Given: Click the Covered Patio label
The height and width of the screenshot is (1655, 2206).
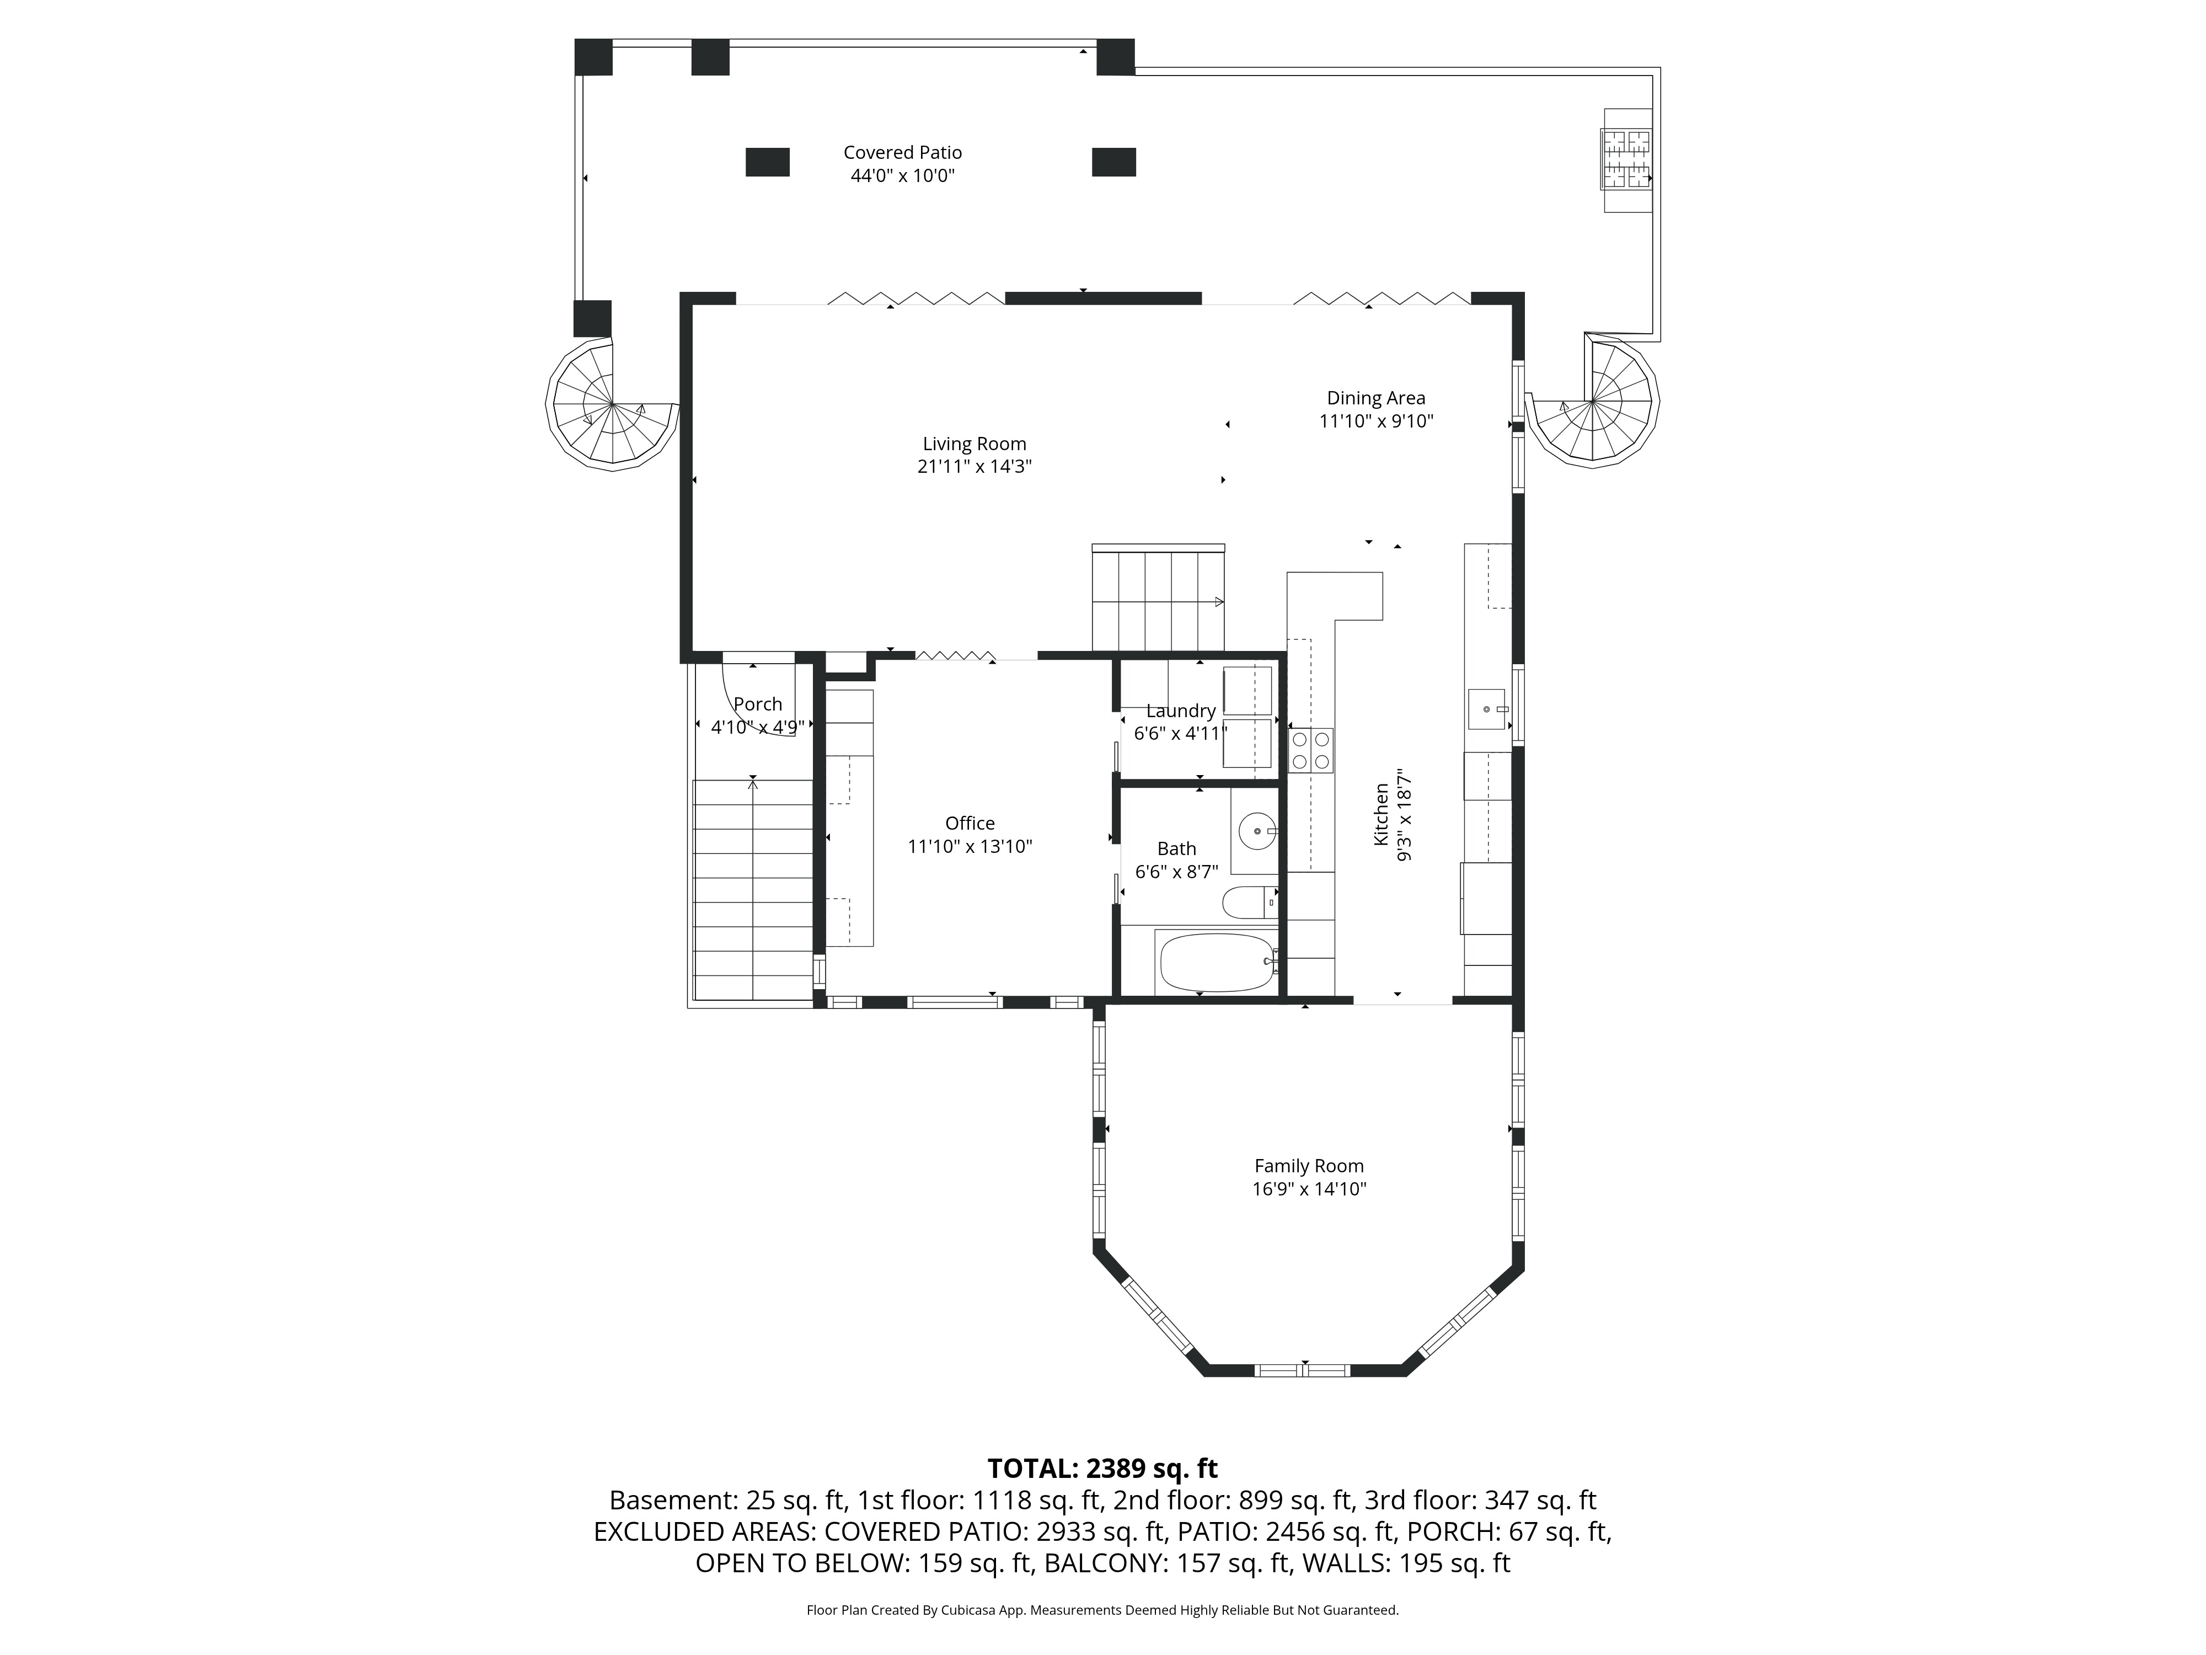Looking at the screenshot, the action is (x=903, y=153).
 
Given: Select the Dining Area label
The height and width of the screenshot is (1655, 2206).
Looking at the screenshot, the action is (x=1376, y=398).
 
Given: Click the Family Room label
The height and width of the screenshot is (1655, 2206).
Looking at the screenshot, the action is (x=1309, y=1165).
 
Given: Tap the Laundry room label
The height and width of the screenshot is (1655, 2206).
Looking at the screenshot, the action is (x=1181, y=711).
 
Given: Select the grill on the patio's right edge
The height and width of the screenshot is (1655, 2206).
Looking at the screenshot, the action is (x=1626, y=159).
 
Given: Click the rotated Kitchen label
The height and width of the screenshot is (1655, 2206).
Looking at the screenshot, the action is (x=1382, y=815).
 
